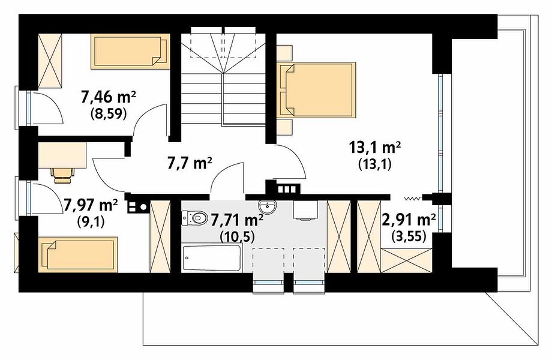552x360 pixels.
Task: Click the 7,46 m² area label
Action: click(109, 97)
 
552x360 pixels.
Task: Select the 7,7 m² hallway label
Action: click(190, 163)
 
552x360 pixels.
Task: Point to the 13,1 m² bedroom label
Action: click(375, 147)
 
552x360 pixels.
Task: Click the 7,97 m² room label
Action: click(91, 205)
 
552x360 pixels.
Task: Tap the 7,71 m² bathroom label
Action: click(237, 220)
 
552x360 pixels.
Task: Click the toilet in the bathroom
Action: click(194, 218)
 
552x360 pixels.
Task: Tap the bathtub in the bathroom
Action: click(212, 257)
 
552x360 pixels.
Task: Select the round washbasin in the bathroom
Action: click(269, 206)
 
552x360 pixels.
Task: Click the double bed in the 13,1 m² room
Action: click(316, 89)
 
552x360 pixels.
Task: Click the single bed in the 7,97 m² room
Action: click(78, 254)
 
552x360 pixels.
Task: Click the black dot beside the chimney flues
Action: click(143, 207)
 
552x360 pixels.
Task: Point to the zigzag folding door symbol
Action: click(413, 199)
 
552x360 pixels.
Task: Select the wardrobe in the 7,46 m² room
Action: click(50, 61)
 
